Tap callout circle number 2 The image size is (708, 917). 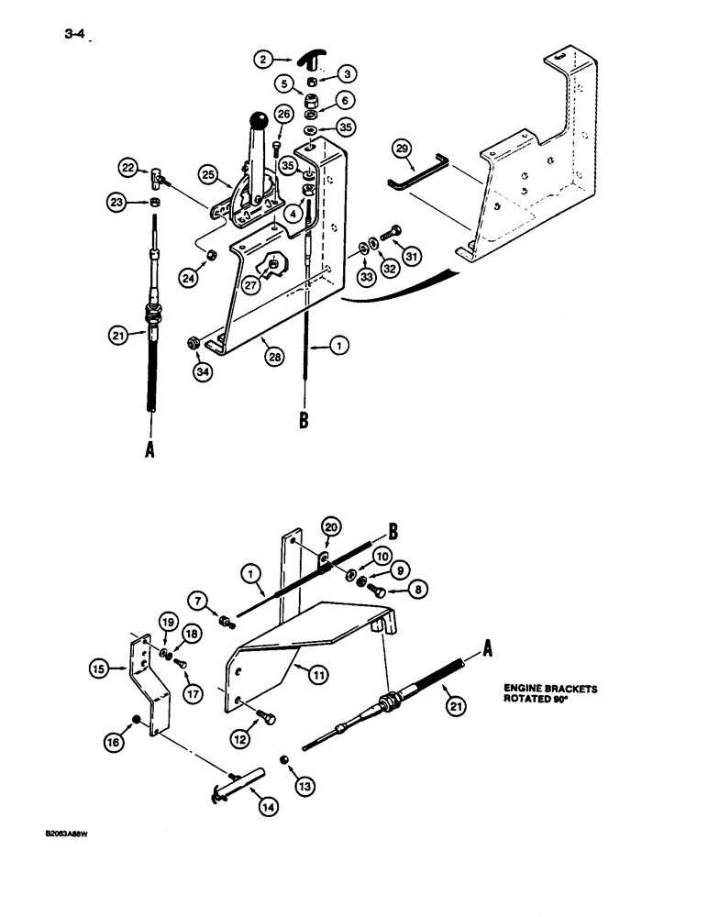263,60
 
